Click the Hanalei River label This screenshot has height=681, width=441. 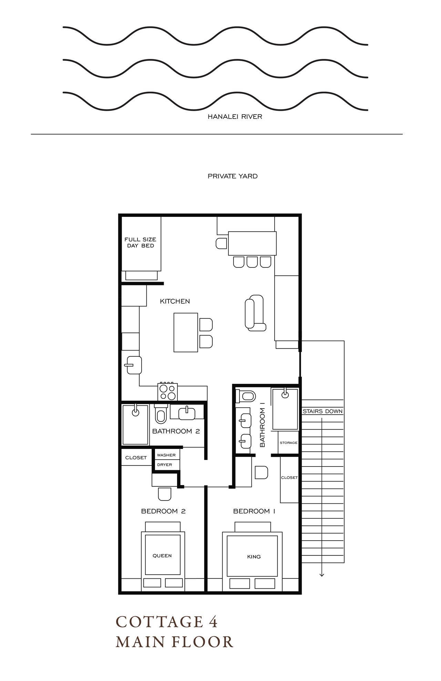[235, 117]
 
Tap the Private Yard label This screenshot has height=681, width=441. [233, 176]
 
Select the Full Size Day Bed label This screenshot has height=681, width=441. [140, 242]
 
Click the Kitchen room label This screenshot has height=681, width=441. [175, 301]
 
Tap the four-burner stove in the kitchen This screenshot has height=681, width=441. [168, 392]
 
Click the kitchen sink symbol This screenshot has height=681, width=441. [134, 365]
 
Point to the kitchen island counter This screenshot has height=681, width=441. [186, 332]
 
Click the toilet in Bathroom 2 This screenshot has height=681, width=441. [161, 415]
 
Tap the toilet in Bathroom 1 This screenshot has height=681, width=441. [246, 396]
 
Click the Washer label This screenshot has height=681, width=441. [166, 455]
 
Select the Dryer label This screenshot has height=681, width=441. [164, 465]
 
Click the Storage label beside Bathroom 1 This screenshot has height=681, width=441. [288, 443]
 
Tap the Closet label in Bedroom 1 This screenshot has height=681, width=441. [289, 478]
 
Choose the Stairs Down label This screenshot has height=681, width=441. [322, 411]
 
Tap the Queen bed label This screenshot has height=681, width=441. [162, 556]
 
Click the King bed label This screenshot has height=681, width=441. [254, 557]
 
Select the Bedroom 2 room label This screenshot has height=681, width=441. [163, 511]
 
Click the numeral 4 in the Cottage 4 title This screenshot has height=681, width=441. [212, 622]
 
